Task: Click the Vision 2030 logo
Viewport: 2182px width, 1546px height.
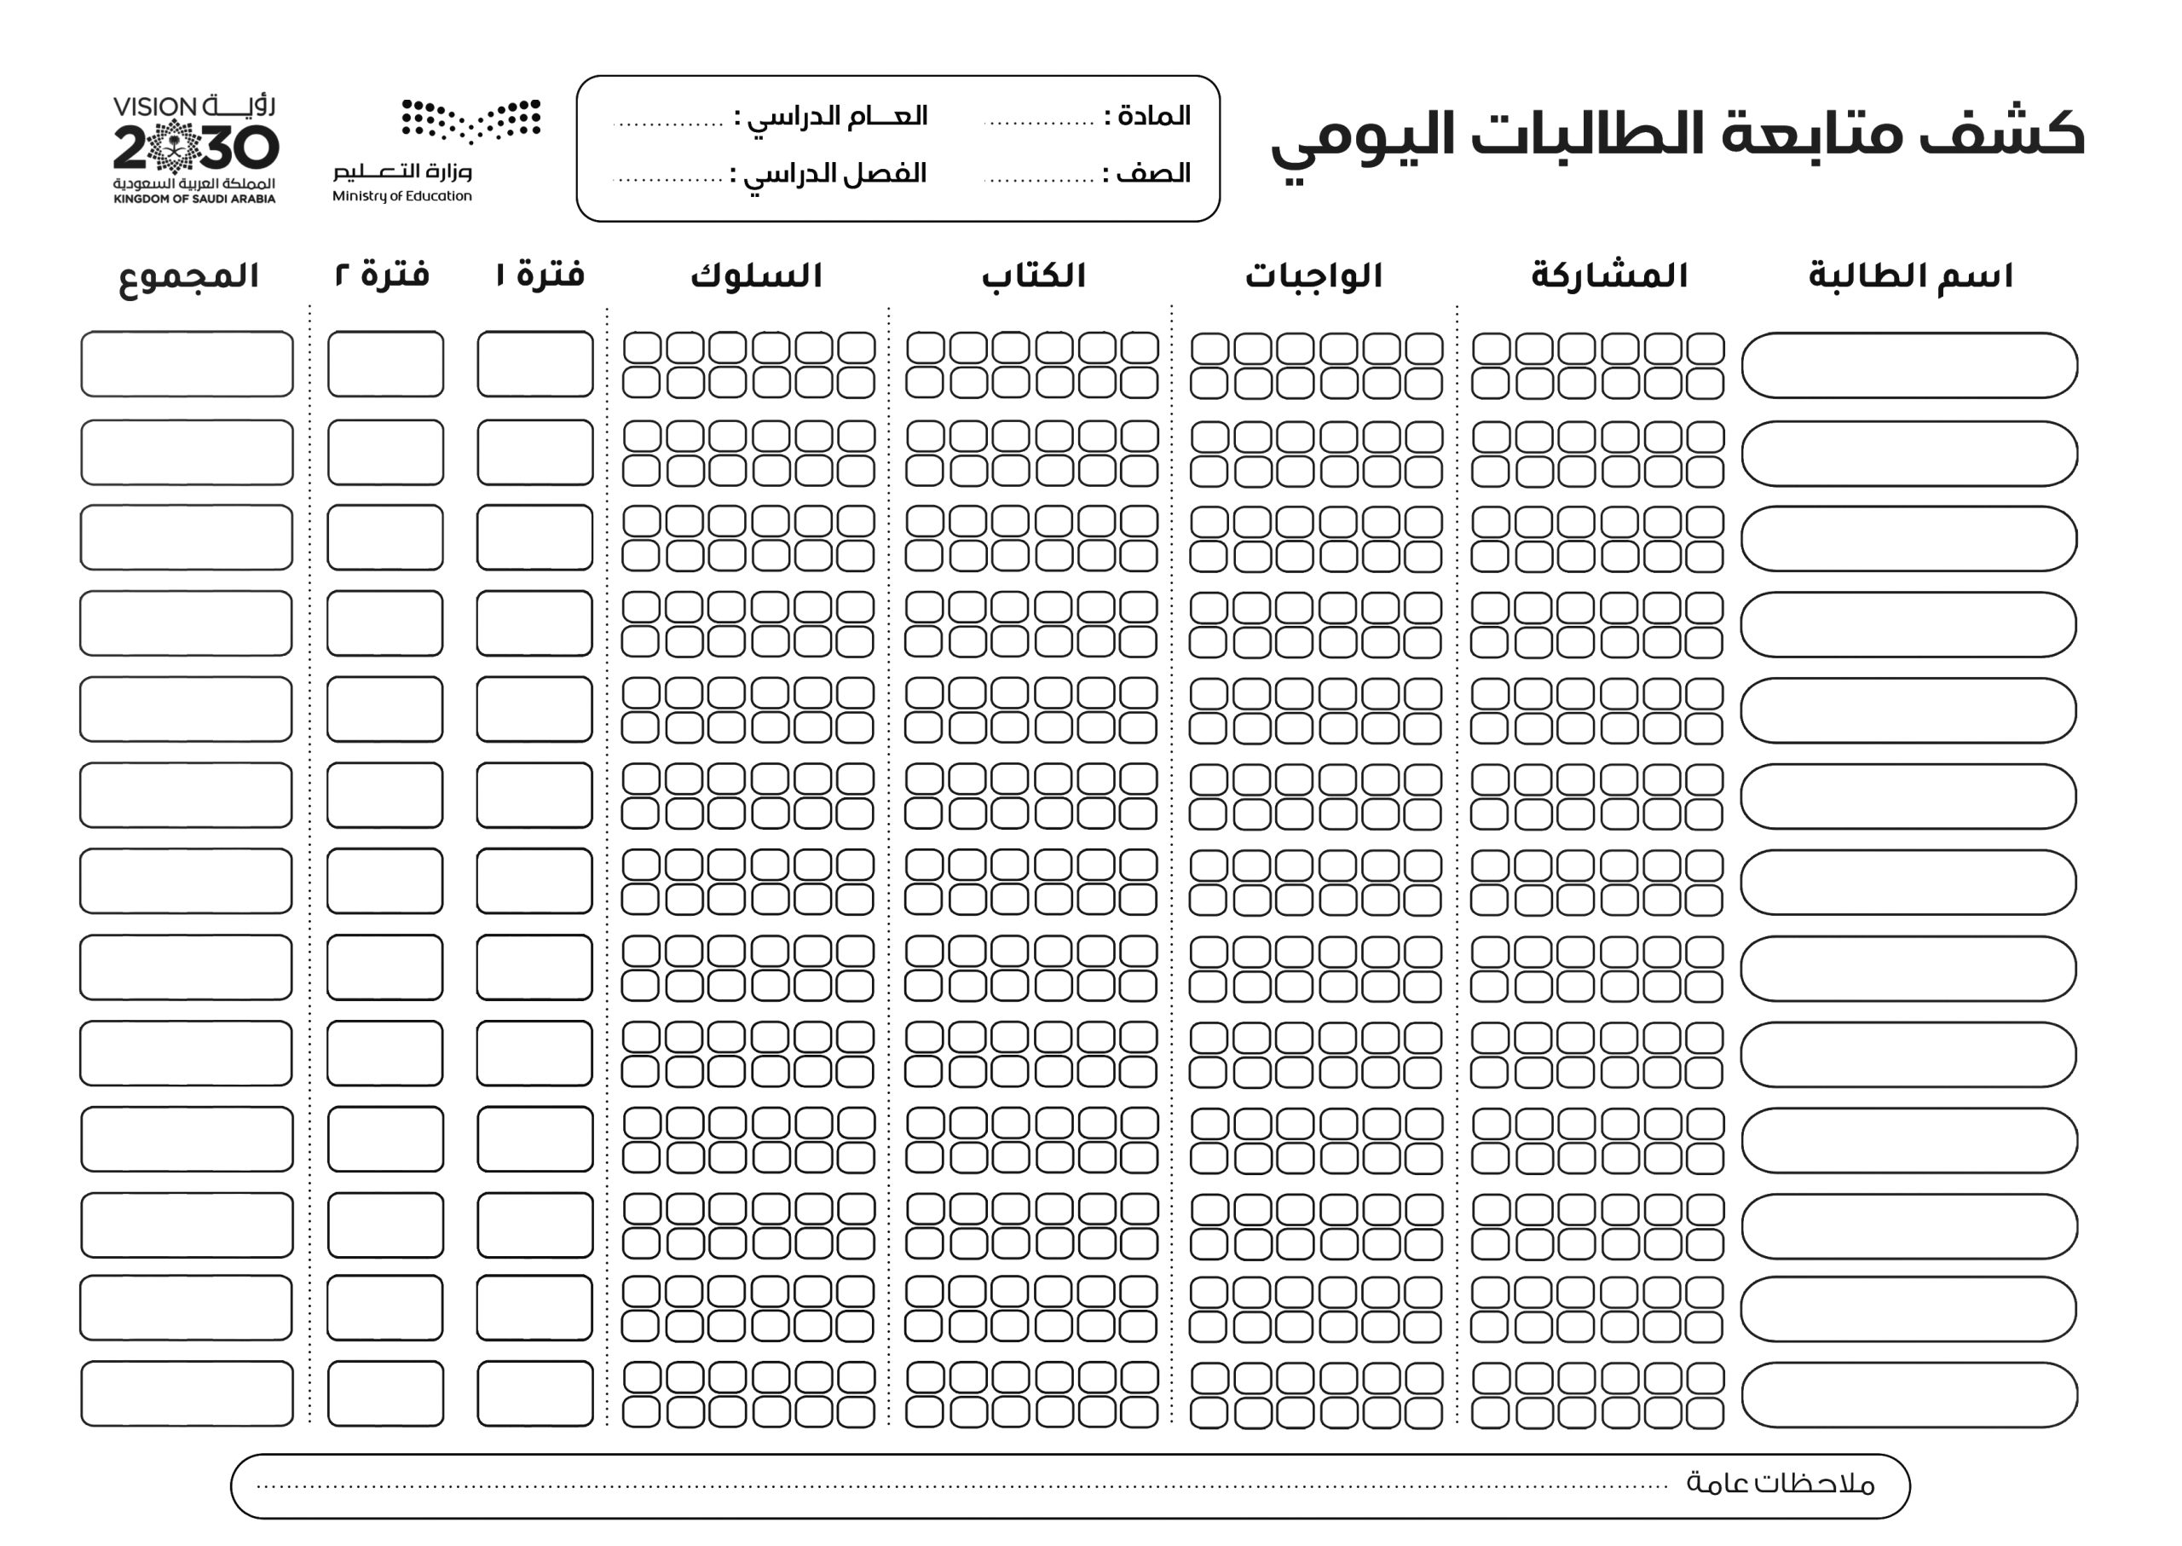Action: coord(194,148)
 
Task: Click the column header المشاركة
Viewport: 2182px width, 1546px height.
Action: coord(1608,276)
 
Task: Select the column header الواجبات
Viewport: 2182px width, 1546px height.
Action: coord(1313,276)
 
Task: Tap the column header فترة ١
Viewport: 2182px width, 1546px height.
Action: coord(540,275)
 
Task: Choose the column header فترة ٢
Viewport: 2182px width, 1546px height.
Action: coord(383,275)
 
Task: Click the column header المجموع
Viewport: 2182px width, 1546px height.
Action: coord(188,277)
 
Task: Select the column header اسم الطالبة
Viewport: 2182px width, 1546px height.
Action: coord(1910,276)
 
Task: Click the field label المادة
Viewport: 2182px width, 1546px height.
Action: coord(1153,116)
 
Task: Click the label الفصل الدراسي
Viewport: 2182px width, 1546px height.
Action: coord(833,174)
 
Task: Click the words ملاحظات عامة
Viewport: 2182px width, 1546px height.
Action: coord(1779,1484)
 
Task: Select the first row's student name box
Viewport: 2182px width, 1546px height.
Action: coord(1909,365)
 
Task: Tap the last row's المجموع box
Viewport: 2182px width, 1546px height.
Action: coord(187,1393)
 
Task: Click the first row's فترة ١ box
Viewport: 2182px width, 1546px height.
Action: coord(534,363)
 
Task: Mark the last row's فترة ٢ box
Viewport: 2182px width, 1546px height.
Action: coord(385,1393)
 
